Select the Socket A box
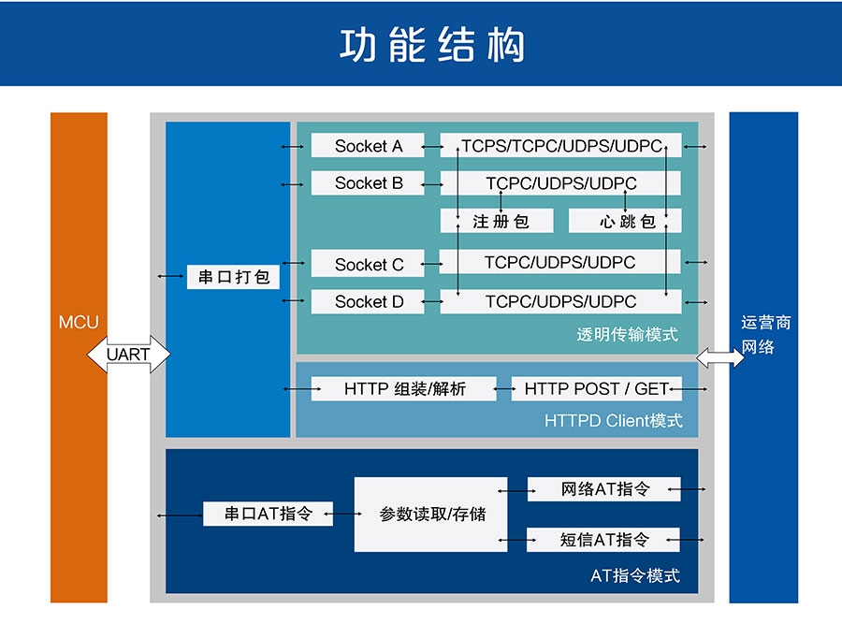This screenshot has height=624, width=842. coord(368,146)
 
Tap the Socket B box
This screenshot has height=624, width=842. coord(368,183)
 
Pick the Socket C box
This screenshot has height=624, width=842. coord(368,265)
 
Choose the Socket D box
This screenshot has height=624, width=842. coord(368,302)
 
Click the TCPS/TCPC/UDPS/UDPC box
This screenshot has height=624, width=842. coord(560,146)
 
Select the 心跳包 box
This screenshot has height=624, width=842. coord(625,222)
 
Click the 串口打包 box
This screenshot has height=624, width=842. coord(234,277)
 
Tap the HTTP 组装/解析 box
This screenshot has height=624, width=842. coord(404,388)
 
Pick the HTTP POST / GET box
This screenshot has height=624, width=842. coord(596,388)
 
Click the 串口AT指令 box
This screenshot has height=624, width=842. coord(268,514)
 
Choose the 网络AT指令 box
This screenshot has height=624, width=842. coord(604,489)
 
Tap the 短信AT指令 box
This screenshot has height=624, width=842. coord(604,540)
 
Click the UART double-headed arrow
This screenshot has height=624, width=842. coord(129,356)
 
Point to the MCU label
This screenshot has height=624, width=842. coord(79,323)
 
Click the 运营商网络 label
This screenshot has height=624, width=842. coord(764,335)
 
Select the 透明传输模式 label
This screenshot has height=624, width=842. coord(627,335)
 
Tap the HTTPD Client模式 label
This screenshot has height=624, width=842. coord(613,421)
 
